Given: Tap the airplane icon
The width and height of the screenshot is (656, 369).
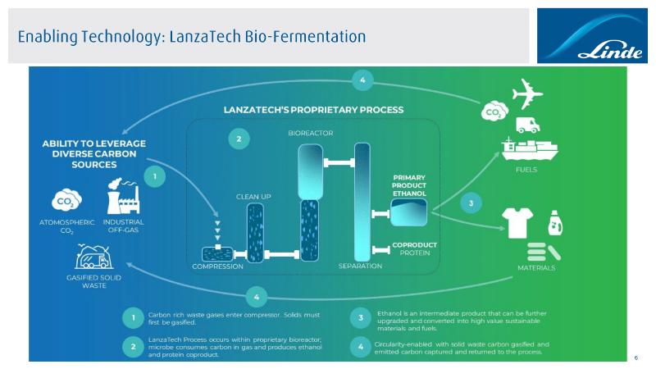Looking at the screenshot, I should point(526,93).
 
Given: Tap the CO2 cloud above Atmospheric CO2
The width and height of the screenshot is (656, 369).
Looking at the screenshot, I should point(66,200).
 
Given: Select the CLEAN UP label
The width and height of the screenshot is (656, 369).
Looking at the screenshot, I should point(253,197).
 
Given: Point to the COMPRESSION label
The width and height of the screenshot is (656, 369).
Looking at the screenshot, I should point(217,266).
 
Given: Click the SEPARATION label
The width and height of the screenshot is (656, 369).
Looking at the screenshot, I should point(360,266).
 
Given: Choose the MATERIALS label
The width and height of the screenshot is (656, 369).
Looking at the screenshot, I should point(535,268).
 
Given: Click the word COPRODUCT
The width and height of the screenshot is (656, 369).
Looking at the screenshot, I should point(414,244).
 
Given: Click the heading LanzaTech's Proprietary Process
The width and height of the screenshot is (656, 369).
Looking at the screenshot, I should point(313,109).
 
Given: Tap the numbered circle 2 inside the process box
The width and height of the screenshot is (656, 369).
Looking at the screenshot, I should point(239,139).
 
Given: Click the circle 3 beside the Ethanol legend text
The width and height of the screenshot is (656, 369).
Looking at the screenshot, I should point(362,317).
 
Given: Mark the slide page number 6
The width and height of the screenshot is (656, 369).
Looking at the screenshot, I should point(635,358).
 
